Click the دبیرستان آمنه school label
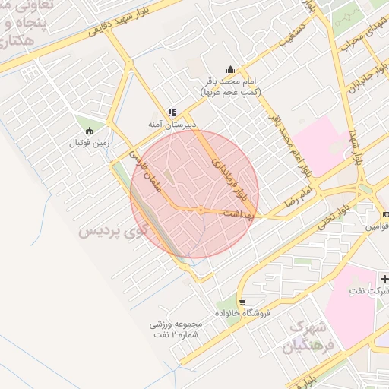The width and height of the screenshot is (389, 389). tap(172, 123)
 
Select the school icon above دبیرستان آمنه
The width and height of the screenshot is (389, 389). tap(172, 112)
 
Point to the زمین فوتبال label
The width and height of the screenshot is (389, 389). tap(90, 142)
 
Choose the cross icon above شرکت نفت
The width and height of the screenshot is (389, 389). tap(384, 280)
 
